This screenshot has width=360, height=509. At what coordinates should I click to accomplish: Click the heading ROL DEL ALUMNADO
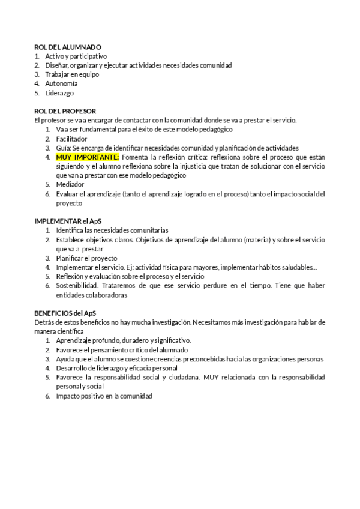pos(68,47)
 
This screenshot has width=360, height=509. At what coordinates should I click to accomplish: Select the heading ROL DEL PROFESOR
pos(65,111)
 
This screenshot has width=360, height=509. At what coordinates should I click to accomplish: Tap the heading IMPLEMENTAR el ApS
pos(68,221)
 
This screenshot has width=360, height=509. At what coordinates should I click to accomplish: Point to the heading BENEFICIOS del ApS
pos(65,313)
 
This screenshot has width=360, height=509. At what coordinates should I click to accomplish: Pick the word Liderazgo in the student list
pos(59,93)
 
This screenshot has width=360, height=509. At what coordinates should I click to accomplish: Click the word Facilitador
pos(71,139)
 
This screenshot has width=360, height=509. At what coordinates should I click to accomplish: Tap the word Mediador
pos(70,185)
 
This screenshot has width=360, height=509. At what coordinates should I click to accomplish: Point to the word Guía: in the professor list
pos(64,148)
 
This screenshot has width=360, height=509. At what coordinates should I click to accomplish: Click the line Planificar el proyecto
pos(86,258)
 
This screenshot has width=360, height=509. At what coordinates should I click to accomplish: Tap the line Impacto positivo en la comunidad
pos(104,396)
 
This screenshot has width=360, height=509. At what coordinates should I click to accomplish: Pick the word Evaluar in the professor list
pos(68,194)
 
